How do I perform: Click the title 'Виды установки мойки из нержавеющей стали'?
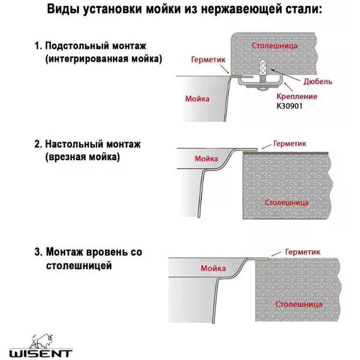click(180, 10)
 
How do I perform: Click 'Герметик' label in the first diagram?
click(208, 61)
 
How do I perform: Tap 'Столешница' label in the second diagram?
click(287, 203)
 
